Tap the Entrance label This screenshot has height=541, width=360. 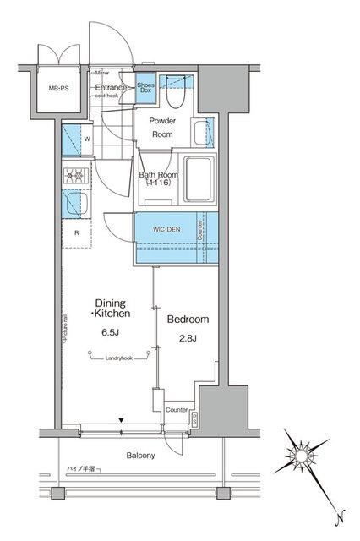(111, 87)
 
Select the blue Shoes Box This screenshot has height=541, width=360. (145, 89)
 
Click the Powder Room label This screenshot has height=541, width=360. (162, 128)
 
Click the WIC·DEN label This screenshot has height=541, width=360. (166, 227)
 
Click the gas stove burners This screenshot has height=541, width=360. (74, 177)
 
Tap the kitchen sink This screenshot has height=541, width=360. (75, 205)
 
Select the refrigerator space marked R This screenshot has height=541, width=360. (77, 232)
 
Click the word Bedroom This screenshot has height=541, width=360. (187, 320)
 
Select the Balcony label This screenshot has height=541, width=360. (140, 456)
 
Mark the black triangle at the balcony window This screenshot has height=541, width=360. (122, 420)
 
